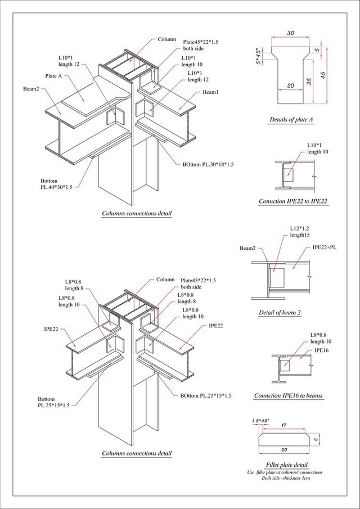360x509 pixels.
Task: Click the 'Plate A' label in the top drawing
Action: tap(56, 75)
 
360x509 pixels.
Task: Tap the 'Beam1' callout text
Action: tap(210, 92)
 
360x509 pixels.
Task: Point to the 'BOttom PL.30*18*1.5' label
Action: tap(208, 164)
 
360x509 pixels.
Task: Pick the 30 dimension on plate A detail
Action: tap(290, 33)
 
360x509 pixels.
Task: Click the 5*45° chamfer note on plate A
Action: tap(258, 56)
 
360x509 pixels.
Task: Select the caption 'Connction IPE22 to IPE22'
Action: tap(293, 201)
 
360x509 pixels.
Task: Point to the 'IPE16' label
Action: tap(322, 350)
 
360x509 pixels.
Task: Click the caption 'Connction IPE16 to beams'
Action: tap(289, 396)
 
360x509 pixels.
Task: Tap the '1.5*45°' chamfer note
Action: tap(260, 421)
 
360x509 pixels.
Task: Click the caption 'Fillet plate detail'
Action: tap(286, 465)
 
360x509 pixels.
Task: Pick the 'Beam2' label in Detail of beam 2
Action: tap(247, 248)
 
